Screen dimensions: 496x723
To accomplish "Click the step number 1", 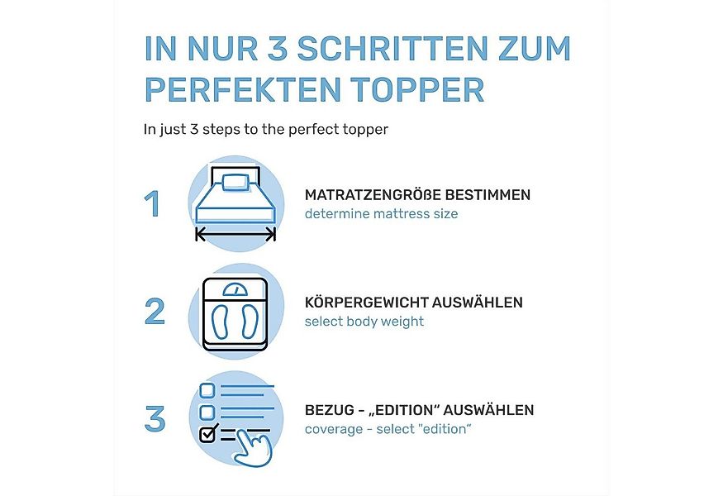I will [x=152, y=204].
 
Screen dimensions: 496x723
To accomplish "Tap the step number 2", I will [x=155, y=311].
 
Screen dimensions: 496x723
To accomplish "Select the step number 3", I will [x=155, y=418].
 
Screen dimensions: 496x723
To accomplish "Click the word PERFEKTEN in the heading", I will [x=237, y=89].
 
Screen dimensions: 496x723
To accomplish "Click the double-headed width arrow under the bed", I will [x=235, y=236].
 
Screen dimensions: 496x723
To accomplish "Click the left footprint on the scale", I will [x=222, y=320].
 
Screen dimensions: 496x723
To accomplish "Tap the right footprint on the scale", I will [x=249, y=320].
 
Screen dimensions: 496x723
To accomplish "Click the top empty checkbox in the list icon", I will [x=207, y=389].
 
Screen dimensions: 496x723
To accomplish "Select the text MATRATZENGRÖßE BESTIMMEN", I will [x=417, y=195].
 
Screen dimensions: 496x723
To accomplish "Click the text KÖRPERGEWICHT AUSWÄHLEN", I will [x=413, y=303].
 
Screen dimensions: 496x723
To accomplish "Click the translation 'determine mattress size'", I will [x=381, y=214].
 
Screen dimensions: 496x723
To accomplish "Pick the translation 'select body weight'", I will [x=364, y=322].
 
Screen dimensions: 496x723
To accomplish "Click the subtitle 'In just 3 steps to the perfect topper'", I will [x=265, y=129].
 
